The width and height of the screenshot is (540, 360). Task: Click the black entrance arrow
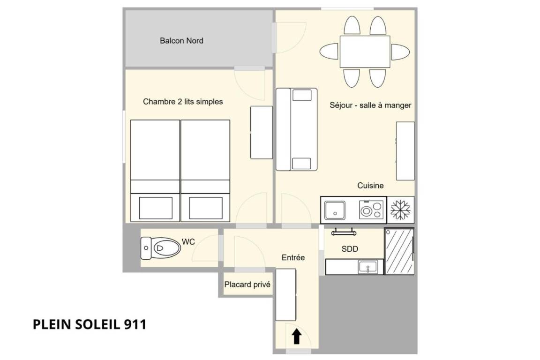point(297,337)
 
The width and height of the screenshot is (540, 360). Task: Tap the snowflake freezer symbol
point(400,210)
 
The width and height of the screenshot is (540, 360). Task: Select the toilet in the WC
point(160,247)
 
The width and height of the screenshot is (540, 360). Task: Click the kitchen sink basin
point(335,210)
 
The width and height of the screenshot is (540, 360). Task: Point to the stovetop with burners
point(371,210)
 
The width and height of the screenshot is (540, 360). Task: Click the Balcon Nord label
point(181,41)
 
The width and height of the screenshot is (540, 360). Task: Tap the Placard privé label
point(247,285)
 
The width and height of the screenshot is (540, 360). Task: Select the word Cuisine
point(370,185)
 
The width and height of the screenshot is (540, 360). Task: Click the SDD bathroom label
point(350,249)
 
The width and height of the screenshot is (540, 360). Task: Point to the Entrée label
point(293,257)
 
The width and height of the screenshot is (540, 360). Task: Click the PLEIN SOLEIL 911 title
point(90,324)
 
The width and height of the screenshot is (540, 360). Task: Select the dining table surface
point(365,52)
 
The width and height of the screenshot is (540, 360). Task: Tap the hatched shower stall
point(399,251)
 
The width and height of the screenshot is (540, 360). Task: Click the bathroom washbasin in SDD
point(368,267)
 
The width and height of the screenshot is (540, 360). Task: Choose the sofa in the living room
point(297,129)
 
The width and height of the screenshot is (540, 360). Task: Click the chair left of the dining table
point(329,52)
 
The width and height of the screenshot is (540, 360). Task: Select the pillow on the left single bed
point(156,208)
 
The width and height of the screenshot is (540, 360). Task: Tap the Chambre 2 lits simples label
point(183,102)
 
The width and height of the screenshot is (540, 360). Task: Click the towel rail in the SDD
point(343,232)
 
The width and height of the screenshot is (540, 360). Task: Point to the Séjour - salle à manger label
point(370,105)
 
